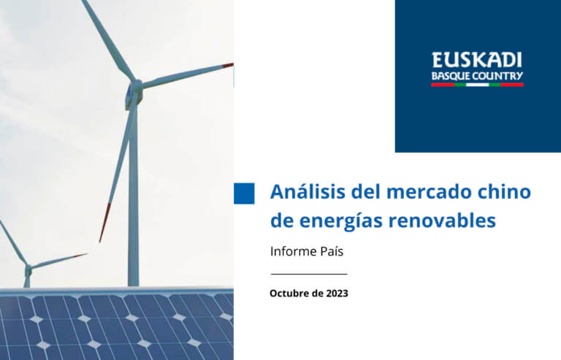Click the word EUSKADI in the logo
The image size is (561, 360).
point(477,60)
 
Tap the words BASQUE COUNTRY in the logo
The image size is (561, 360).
point(477,76)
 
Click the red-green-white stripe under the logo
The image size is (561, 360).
point(477,85)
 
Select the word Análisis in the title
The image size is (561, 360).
point(308,191)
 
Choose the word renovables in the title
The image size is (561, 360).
point(443,221)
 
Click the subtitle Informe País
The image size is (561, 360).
point(307,251)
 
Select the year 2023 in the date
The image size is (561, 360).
point(337,293)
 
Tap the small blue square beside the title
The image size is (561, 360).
point(244,194)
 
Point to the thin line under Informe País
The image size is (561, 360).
point(309,275)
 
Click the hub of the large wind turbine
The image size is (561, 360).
point(135,88)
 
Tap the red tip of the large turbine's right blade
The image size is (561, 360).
point(228,66)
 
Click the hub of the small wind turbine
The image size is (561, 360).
point(28,268)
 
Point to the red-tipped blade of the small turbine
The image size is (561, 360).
point(59,260)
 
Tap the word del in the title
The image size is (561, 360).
point(366,191)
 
